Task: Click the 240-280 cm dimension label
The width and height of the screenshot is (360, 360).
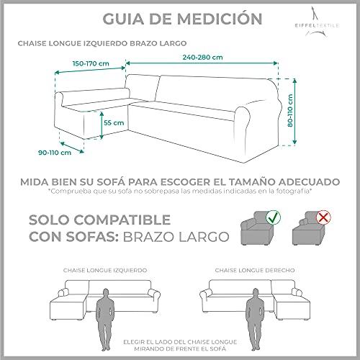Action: [202, 58]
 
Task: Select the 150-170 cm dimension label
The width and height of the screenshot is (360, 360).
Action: [91, 63]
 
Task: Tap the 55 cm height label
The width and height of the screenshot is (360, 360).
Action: [114, 122]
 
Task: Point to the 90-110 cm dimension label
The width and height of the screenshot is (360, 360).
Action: [55, 153]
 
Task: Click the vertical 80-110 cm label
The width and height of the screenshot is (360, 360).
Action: [290, 111]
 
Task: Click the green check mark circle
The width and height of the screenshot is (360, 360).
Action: [273, 217]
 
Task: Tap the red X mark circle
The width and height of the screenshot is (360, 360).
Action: [323, 217]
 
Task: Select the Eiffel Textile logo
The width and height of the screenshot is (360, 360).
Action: [317, 22]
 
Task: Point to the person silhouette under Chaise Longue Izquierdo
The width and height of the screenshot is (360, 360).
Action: [105, 320]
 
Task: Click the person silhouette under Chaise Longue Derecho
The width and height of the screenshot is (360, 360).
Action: [255, 320]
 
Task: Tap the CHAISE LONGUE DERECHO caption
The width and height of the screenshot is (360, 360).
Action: [255, 270]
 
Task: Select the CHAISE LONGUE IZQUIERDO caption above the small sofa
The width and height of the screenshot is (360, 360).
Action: [105, 270]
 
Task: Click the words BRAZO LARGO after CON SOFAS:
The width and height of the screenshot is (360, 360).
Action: [176, 237]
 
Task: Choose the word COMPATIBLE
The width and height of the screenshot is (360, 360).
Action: [122, 220]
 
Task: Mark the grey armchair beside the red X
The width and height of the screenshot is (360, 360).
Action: [307, 228]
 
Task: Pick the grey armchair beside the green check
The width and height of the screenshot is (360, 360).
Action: [258, 228]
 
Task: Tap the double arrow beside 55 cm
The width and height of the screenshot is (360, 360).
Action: [102, 125]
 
